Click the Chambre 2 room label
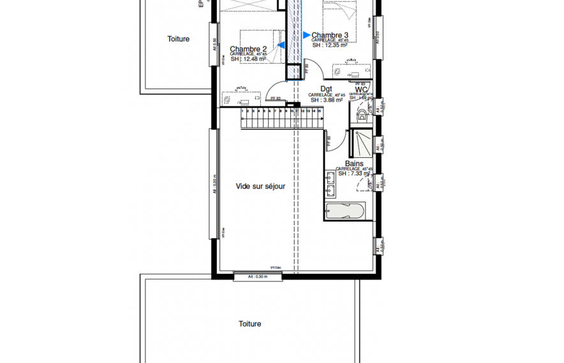pos(248,49)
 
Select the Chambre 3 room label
pos(330,35)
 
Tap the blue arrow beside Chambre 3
pos(306,35)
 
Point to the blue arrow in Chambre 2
pos(281,45)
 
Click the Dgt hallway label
pos(326,89)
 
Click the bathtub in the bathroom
pos(345,211)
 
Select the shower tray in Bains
pos(360,143)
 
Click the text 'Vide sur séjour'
pos(260,187)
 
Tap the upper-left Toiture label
pos(179,39)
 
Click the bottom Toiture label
pos(250,324)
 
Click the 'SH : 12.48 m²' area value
pos(248,59)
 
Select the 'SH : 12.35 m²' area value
pos(329,45)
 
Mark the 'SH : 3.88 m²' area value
pos(327,100)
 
